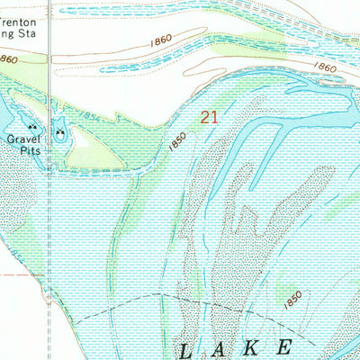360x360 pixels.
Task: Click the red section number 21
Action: tap(209, 116)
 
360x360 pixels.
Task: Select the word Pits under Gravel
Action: tap(20, 152)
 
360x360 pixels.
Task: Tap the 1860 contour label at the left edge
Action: tap(8, 58)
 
